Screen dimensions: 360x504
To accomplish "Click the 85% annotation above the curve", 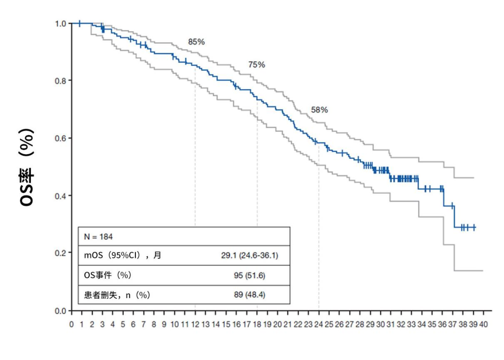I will tap(196, 42).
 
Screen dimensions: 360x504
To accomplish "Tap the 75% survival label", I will tap(257, 65).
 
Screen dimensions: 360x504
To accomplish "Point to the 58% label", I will tap(319, 110).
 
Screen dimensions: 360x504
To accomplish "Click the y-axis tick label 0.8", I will tap(62, 80).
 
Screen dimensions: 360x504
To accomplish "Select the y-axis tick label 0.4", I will tap(62, 195).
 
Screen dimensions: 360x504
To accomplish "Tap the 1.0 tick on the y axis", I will tap(62, 23).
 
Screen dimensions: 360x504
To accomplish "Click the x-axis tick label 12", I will tap(195, 324).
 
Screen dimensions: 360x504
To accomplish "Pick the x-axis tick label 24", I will tap(319, 324).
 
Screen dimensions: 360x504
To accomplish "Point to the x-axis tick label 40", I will tap(483, 324).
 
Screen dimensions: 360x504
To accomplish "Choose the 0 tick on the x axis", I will tap(71, 324).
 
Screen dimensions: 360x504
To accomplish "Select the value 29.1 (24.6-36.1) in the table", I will tap(250, 256).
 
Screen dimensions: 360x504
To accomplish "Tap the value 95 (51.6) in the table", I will tap(250, 275).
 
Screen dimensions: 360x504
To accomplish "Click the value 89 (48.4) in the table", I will tap(250, 295).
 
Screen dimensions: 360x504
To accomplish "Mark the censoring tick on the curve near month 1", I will tap(80, 23).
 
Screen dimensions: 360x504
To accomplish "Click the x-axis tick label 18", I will tap(257, 324).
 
